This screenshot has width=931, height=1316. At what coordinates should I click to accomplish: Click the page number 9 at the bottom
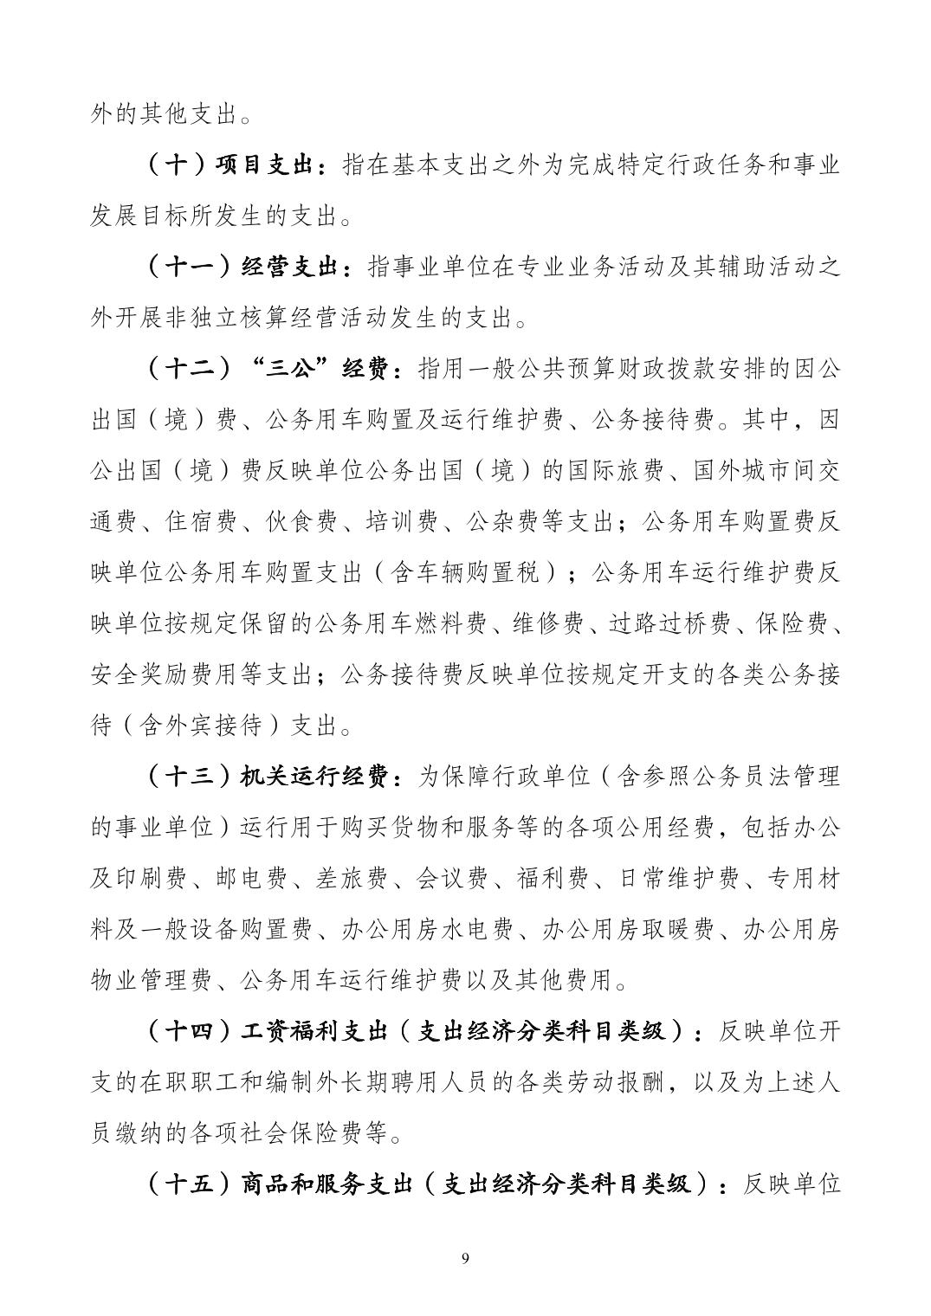[x=466, y=1257]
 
